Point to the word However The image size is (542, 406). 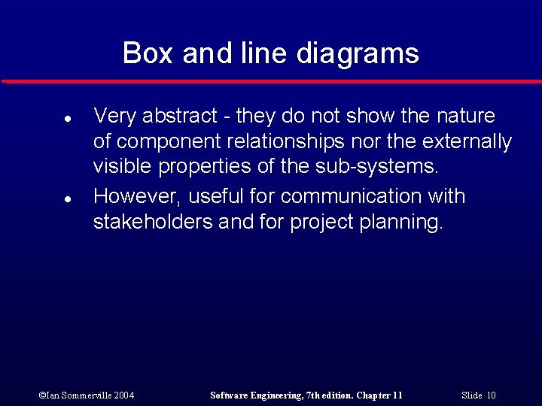click(x=136, y=197)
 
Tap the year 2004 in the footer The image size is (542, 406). click(x=123, y=395)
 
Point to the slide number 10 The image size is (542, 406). click(x=491, y=395)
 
